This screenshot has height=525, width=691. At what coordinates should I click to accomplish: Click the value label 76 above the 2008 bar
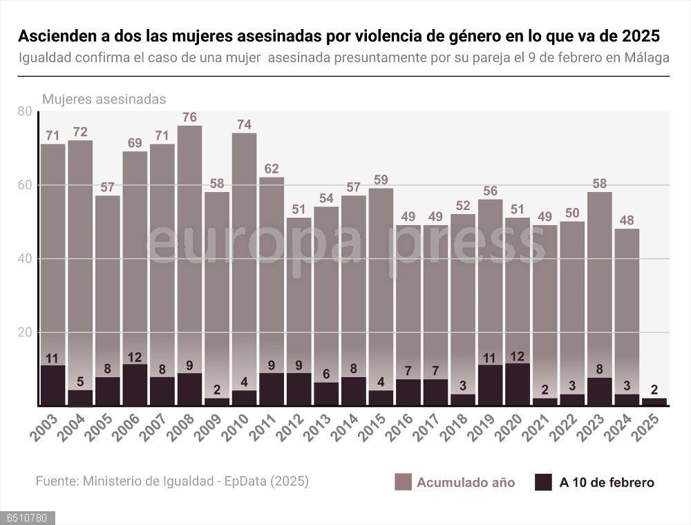click(189, 117)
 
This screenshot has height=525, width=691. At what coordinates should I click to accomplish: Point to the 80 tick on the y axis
click(24, 112)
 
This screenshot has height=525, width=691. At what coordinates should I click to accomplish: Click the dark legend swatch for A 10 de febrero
click(543, 482)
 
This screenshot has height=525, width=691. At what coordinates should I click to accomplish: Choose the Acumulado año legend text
click(466, 483)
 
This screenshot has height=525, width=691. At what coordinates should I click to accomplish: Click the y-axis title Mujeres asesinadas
click(104, 99)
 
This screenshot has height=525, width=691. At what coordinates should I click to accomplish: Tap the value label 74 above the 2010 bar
click(244, 124)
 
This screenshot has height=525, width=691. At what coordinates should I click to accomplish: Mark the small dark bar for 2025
click(654, 401)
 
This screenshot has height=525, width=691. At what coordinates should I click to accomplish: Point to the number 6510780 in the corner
click(27, 517)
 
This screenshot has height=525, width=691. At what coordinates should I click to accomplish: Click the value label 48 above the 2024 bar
click(627, 220)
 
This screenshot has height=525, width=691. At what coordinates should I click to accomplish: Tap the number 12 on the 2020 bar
click(518, 356)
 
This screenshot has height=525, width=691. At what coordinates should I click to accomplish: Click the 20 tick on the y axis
click(24, 333)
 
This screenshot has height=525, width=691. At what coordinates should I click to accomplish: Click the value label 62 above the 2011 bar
click(272, 169)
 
